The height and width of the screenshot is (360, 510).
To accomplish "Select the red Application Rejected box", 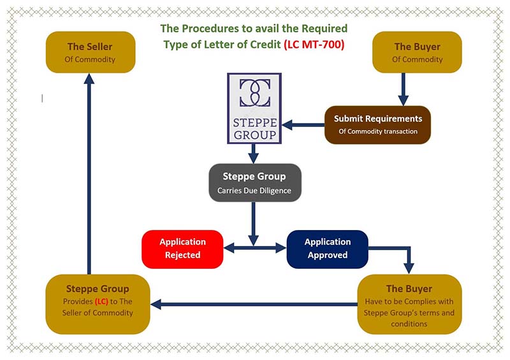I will tap(182, 248).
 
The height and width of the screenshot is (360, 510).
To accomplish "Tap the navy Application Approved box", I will tap(327, 248).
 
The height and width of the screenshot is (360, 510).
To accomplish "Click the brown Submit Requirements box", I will tap(377, 124).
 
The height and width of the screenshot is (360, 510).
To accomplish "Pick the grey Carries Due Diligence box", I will tap(254, 182).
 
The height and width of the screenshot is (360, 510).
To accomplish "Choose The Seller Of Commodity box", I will tap(90, 52).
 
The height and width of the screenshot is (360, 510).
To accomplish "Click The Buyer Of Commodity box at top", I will tap(418, 52).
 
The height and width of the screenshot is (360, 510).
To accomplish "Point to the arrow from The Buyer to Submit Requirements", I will tap(403, 89).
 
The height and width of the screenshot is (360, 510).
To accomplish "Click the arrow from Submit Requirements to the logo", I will tap(303, 125).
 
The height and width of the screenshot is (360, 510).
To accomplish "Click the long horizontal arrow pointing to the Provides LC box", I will tap(255, 305).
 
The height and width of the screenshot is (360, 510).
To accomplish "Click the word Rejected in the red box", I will tap(182, 255).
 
